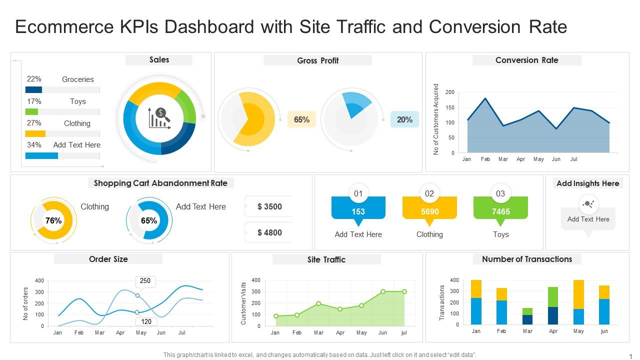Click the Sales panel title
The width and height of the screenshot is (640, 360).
[x=159, y=60]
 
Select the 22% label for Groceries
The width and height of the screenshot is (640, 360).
[x=34, y=79]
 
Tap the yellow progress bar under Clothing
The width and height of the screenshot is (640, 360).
[x=35, y=133]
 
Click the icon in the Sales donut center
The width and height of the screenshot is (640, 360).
[x=160, y=118]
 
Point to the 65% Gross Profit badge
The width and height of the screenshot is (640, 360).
[x=301, y=119]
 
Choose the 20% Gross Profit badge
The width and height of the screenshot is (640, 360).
[x=404, y=119]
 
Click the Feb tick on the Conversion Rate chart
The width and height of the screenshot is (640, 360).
[x=485, y=159]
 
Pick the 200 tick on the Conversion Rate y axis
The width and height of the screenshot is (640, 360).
[x=449, y=92]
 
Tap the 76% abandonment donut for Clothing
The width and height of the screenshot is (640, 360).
[x=54, y=220]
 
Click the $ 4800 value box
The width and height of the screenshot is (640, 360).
[x=269, y=232]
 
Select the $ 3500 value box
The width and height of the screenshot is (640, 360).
[x=269, y=206]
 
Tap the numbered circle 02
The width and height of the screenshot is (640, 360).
[x=429, y=193]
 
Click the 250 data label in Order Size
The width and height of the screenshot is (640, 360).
[x=145, y=281]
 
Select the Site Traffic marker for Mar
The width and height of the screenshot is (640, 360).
[x=318, y=303]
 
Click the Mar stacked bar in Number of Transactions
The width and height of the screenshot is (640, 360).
[x=527, y=316]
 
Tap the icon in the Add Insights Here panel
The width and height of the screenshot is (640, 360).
[x=588, y=204]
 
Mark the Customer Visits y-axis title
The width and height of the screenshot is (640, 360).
[x=244, y=303]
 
